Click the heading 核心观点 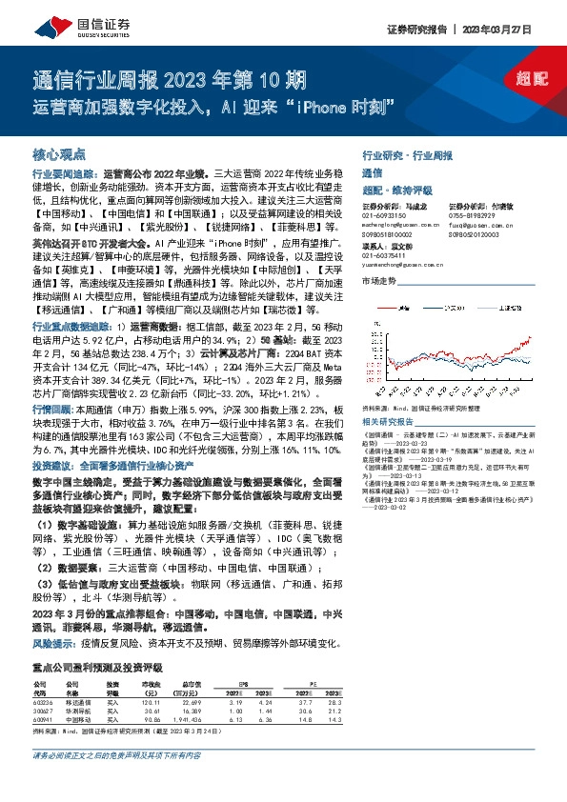(59, 153)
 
